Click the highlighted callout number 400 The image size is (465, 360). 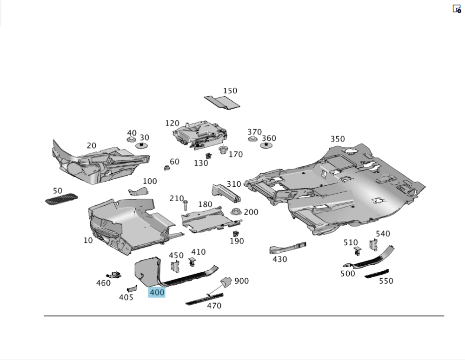click(x=157, y=293)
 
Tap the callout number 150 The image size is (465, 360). click(x=230, y=91)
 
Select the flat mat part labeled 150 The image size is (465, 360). click(x=222, y=102)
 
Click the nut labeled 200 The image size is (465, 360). click(x=236, y=212)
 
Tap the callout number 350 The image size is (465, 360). click(x=338, y=139)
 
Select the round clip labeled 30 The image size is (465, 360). click(x=141, y=145)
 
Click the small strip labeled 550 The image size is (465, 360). click(x=377, y=274)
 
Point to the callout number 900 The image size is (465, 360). click(x=241, y=281)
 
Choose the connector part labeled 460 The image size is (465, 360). click(x=114, y=274)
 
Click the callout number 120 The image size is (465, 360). click(x=172, y=123)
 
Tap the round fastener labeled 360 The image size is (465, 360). click(x=266, y=146)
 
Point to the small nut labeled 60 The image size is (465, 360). click(x=165, y=167)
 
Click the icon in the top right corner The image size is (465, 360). click(x=457, y=8)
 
